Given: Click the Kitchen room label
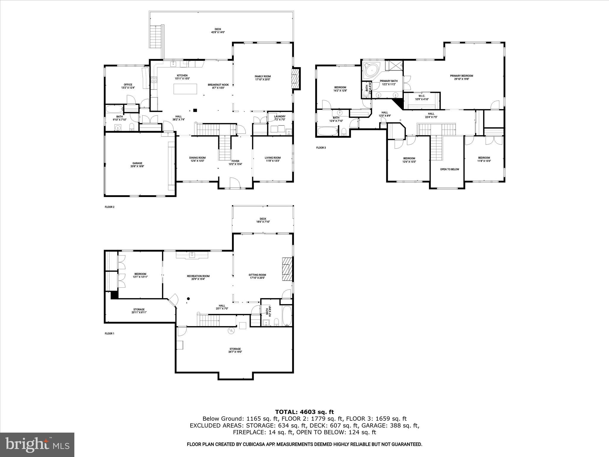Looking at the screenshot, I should tap(182, 77).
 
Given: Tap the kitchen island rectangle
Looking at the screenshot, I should tap(185, 89).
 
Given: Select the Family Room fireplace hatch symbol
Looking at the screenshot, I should tap(295, 79).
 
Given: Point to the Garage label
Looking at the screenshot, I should tap(137, 165).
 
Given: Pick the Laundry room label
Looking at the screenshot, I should tap(280, 118).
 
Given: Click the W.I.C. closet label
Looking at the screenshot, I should tap(422, 97).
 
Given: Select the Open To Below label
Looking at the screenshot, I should tap(449, 169).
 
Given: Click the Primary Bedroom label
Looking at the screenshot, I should tap(461, 77).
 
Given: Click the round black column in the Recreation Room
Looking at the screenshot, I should tap(188, 299).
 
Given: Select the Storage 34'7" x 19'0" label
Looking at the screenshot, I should tap(235, 350).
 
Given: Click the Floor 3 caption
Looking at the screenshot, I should tap(321, 148).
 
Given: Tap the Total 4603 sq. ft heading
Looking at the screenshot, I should tap(304, 412).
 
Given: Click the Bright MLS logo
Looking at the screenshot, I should tap(37, 445).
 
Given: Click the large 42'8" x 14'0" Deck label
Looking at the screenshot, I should tap(218, 31).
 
